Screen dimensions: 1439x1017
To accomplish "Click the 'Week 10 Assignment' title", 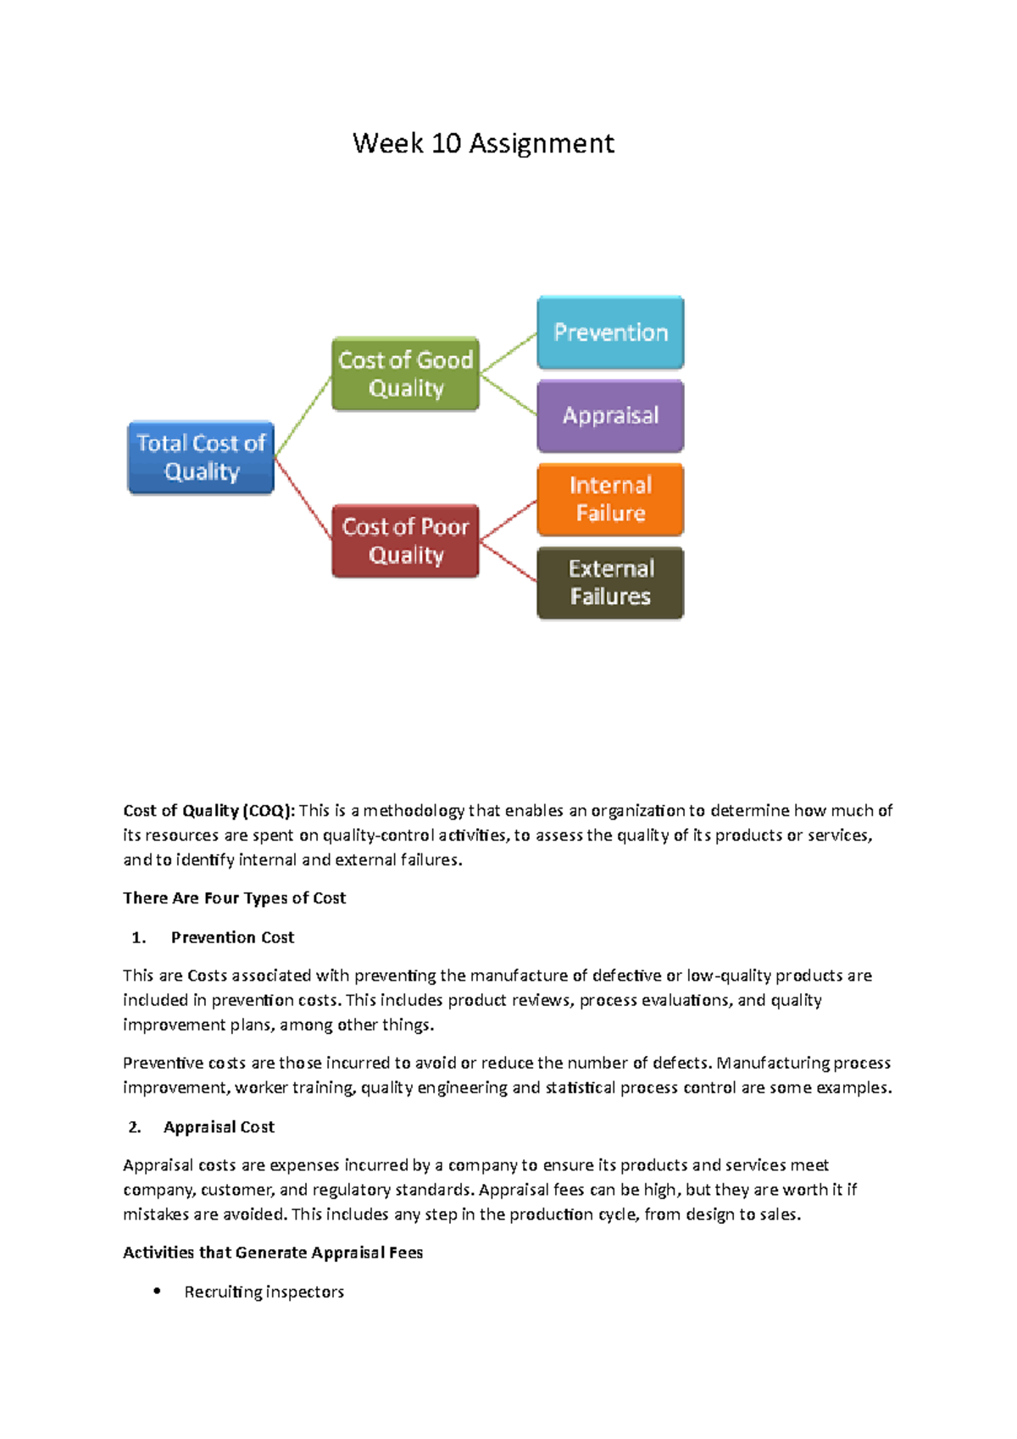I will click(483, 143).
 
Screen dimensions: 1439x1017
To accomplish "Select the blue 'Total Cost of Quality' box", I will click(201, 458).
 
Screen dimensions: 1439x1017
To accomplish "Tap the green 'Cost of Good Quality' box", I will click(405, 374).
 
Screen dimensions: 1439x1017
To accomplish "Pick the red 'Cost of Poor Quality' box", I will click(405, 541).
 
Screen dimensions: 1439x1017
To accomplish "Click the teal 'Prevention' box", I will click(610, 332).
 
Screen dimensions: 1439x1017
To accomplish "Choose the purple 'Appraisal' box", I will click(610, 415).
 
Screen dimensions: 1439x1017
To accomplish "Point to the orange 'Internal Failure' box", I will click(610, 499).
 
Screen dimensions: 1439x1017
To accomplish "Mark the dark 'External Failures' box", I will click(610, 582).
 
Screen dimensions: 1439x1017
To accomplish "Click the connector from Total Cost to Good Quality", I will click(303, 415).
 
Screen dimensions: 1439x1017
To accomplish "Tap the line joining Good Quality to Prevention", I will click(508, 353).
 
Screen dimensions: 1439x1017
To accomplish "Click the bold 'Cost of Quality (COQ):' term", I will click(209, 811).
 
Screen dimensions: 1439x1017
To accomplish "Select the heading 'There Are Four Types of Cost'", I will click(234, 898).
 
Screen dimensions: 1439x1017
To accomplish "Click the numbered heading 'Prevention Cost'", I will click(232, 937).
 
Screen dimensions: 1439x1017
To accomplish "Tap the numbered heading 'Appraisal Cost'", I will click(219, 1127).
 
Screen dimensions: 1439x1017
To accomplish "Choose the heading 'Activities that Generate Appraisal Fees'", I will click(273, 1253).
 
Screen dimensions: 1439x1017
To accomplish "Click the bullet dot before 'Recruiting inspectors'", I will click(157, 1291).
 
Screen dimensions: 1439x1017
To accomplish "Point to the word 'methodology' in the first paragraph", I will click(414, 811).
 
